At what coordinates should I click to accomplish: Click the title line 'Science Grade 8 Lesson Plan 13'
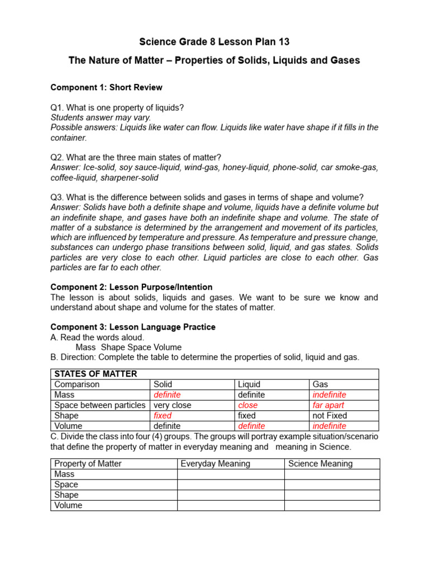coord(214,42)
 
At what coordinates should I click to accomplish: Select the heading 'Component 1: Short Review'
coord(106,87)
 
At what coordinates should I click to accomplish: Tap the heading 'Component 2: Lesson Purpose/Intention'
coord(131,287)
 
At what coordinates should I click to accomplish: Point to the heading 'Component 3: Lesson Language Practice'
coord(133,327)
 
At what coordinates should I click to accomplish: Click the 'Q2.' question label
coord(58,157)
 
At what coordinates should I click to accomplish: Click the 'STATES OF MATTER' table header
coord(96,374)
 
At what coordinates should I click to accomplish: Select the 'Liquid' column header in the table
coord(249,384)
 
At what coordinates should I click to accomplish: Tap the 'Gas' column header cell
coord(320,384)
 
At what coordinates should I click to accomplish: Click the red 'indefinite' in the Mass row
coord(330,394)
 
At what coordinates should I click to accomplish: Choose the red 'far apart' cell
coord(328,405)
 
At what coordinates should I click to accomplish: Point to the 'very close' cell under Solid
coord(172,405)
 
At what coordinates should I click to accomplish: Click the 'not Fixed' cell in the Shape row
coord(330,416)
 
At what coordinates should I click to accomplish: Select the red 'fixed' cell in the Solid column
coord(163,416)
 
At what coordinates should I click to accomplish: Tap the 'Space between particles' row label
coord(100,405)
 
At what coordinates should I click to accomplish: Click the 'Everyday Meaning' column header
coord(216,463)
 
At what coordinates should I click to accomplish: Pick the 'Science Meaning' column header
coord(321,463)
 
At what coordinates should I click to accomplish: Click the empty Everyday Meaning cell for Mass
coord(231,474)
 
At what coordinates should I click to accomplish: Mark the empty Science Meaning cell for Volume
coord(332,505)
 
